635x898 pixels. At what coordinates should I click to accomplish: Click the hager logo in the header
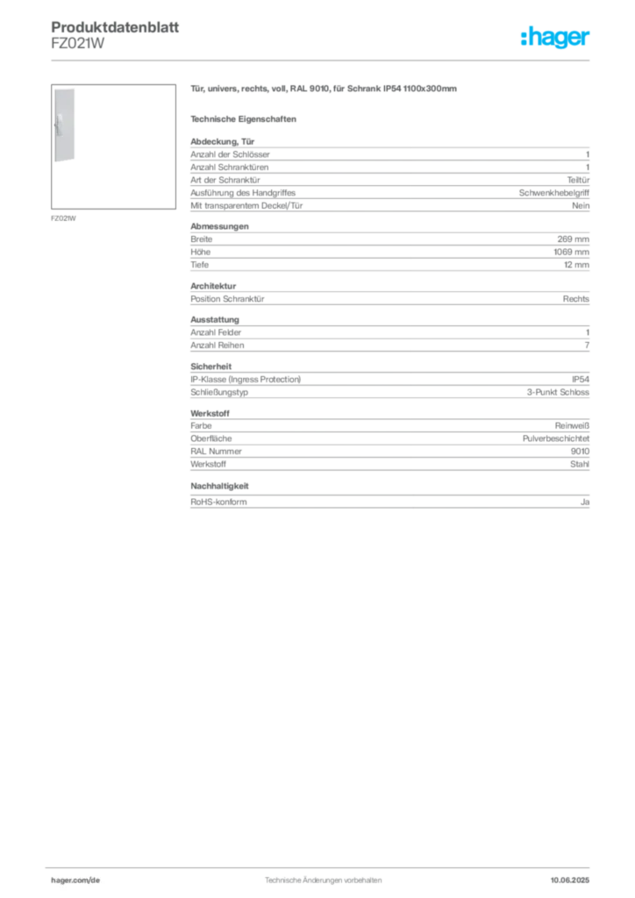[555, 37]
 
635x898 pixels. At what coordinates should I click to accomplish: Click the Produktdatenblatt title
[115, 27]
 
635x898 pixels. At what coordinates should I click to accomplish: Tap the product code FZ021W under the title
[77, 44]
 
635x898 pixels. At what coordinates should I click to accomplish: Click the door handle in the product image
[59, 125]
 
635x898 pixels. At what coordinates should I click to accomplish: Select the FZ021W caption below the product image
[63, 218]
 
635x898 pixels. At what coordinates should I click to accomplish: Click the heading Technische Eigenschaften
[243, 119]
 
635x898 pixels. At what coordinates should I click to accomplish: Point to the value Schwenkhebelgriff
[553, 193]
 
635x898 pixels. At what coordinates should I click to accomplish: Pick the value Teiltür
[578, 180]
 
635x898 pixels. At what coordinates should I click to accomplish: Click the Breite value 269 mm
[573, 239]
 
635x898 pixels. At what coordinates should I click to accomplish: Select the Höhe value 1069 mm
[572, 252]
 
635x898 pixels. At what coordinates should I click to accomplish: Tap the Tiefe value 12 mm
[576, 265]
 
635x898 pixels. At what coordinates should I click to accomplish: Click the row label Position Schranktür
[227, 299]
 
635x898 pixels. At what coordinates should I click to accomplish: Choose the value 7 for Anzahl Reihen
[587, 346]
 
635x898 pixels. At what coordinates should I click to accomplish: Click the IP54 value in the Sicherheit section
[581, 379]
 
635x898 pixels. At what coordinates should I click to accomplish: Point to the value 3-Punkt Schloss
[558, 392]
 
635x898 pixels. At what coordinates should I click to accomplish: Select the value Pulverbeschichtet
[556, 438]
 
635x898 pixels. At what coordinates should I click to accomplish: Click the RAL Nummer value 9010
[580, 452]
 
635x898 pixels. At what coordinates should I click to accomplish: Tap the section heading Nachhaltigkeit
[219, 486]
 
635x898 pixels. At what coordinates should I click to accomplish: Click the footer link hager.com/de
[75, 880]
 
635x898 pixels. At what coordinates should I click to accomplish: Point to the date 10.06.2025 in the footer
[570, 880]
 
